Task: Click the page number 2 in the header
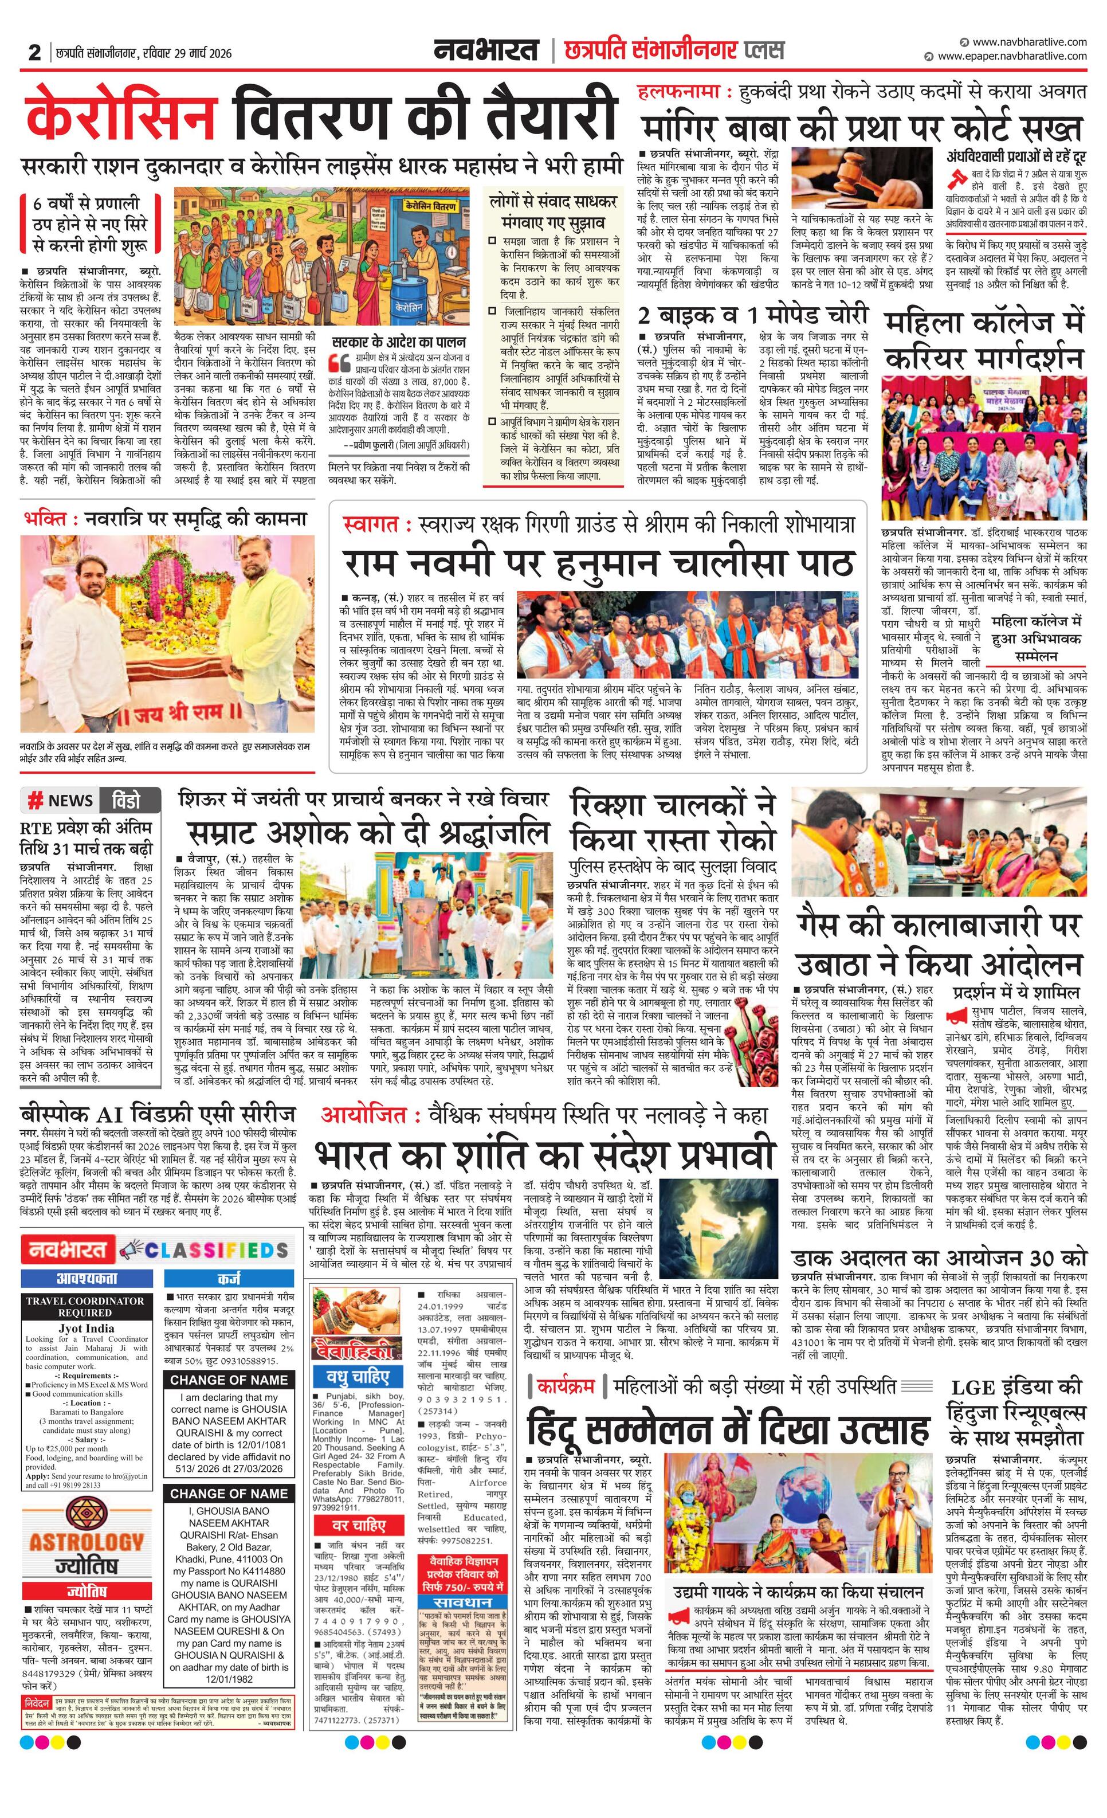click(x=34, y=52)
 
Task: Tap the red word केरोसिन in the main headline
click(x=121, y=115)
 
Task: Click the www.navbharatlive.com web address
click(x=1030, y=42)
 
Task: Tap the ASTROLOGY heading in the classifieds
click(x=87, y=1541)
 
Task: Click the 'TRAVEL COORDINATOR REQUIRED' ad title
click(x=85, y=1307)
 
